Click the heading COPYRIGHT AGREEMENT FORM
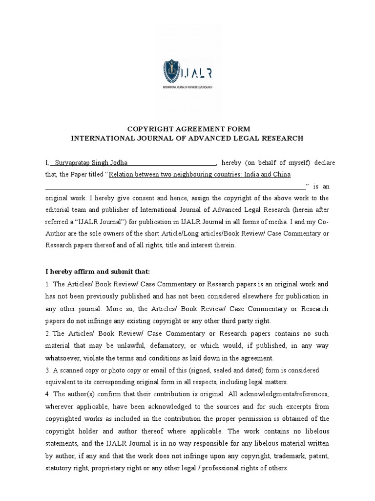point(188,129)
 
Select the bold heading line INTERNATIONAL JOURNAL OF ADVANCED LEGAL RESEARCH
point(187,138)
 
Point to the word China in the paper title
point(282,175)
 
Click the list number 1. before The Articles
point(47,284)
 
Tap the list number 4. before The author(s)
point(47,394)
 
